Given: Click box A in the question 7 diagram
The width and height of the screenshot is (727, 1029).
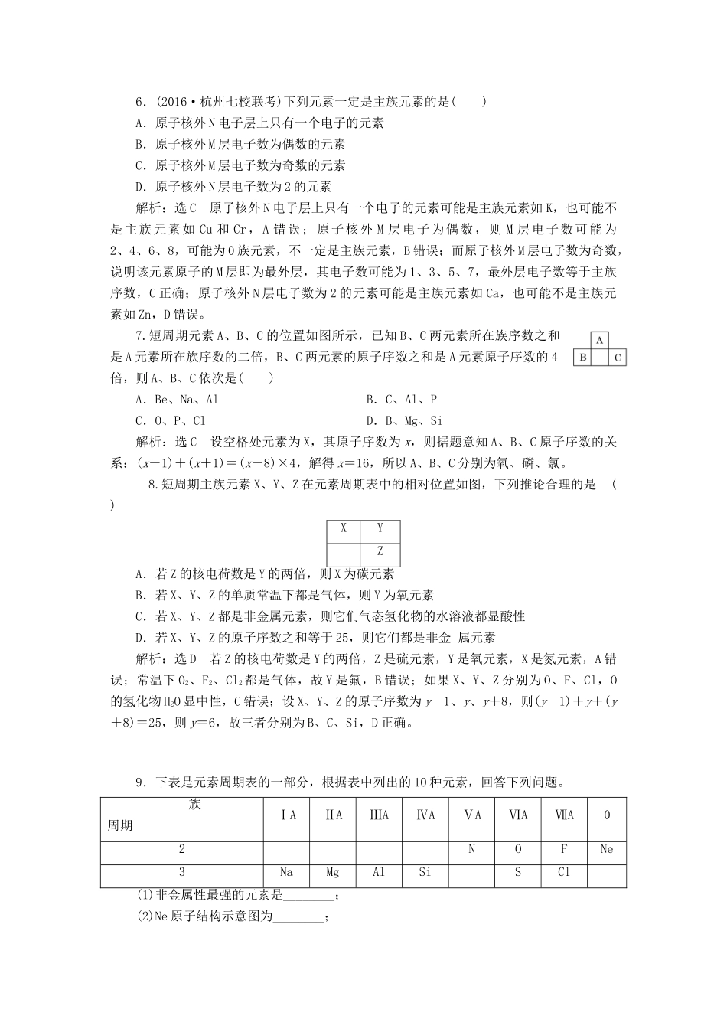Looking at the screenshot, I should [x=600, y=340].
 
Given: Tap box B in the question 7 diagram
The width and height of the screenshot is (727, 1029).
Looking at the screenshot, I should [x=583, y=357].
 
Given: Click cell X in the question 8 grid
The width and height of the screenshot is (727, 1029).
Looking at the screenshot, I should [x=344, y=528].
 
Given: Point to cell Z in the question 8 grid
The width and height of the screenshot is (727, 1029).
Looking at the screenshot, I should [x=380, y=551].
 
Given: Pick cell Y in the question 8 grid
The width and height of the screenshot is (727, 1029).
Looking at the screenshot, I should [x=380, y=528].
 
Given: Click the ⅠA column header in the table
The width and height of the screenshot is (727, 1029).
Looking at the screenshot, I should [x=286, y=815].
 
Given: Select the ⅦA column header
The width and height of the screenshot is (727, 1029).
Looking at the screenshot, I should [x=564, y=815].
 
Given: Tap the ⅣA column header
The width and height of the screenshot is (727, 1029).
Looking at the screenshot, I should [x=425, y=815].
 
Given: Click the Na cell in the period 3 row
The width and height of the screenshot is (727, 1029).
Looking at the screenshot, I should [x=286, y=872].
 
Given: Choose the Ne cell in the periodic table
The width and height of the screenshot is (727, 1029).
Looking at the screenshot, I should [x=607, y=849].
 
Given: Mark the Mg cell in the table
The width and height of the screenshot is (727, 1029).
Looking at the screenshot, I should [x=332, y=872].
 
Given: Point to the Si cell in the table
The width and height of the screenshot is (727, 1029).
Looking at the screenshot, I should [x=425, y=872].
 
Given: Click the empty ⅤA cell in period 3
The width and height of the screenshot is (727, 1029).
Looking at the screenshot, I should [x=472, y=872].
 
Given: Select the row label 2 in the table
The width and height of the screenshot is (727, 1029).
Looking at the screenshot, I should [x=181, y=849].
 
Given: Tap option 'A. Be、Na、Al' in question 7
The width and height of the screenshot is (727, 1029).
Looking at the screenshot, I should [x=177, y=400].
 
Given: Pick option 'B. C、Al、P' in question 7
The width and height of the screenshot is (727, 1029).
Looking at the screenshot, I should [x=402, y=400].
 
